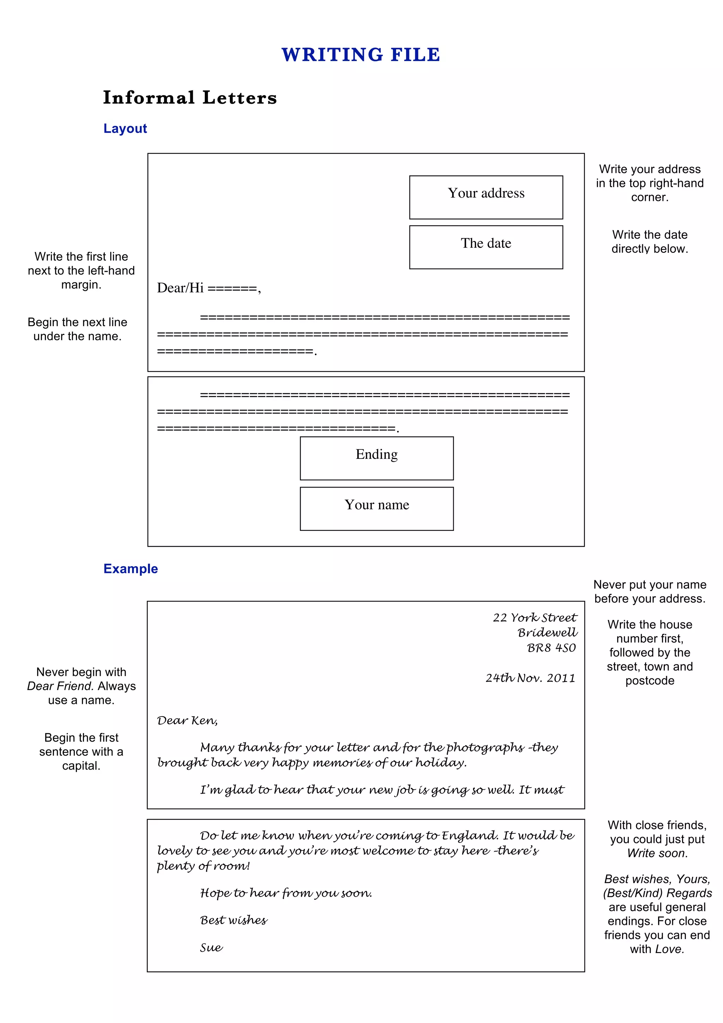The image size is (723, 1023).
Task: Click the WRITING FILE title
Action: [361, 55]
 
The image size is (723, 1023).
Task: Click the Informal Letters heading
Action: [190, 97]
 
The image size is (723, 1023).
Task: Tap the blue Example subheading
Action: [131, 569]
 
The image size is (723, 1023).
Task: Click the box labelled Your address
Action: [486, 197]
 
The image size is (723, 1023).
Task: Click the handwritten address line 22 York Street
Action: [534, 617]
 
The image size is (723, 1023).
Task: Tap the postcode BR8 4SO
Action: [551, 648]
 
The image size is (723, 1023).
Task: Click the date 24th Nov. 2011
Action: [530, 678]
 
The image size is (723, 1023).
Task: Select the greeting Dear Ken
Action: [187, 720]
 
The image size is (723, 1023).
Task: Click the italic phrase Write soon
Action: [657, 853]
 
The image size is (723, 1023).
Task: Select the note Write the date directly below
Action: [650, 241]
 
